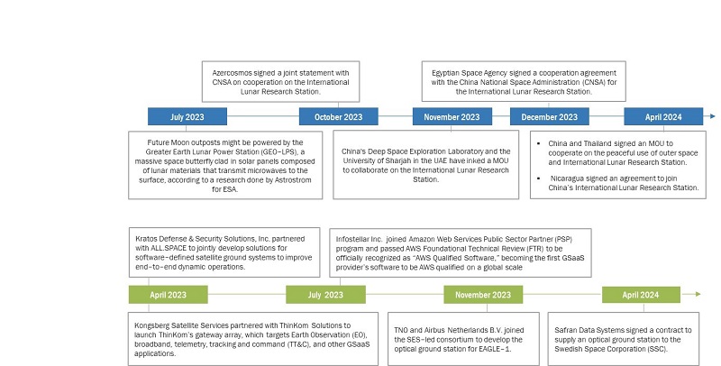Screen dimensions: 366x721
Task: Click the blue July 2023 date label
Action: click(187, 116)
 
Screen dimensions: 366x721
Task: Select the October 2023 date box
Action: click(338, 116)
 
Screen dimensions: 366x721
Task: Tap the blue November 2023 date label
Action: click(452, 116)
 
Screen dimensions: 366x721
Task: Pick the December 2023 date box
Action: click(549, 116)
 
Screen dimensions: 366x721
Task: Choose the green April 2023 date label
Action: click(168, 295)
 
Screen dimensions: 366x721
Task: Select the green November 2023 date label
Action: click(483, 295)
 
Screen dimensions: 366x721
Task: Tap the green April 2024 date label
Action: click(641, 295)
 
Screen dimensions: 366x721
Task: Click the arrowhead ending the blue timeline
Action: click(712, 116)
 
